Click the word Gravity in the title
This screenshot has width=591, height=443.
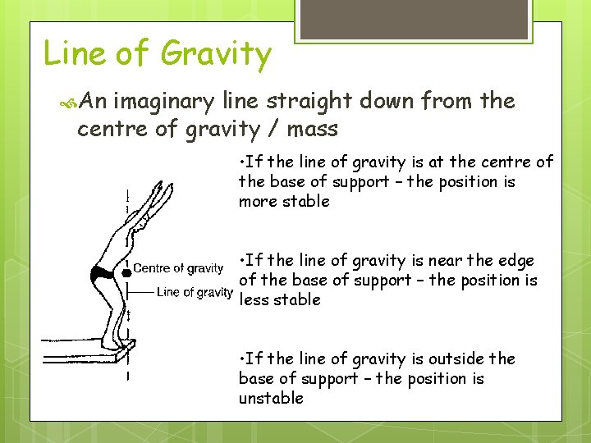tap(216, 55)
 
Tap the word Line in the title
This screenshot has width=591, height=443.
tap(74, 53)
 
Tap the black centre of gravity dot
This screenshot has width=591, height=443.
tap(126, 272)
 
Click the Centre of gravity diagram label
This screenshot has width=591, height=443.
tap(178, 268)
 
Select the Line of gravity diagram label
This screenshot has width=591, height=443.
tap(195, 292)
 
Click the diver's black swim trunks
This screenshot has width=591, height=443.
tap(104, 272)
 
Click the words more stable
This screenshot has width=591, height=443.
tap(284, 202)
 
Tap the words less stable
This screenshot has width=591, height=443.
tap(279, 300)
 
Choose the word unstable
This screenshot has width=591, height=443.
tap(271, 399)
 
